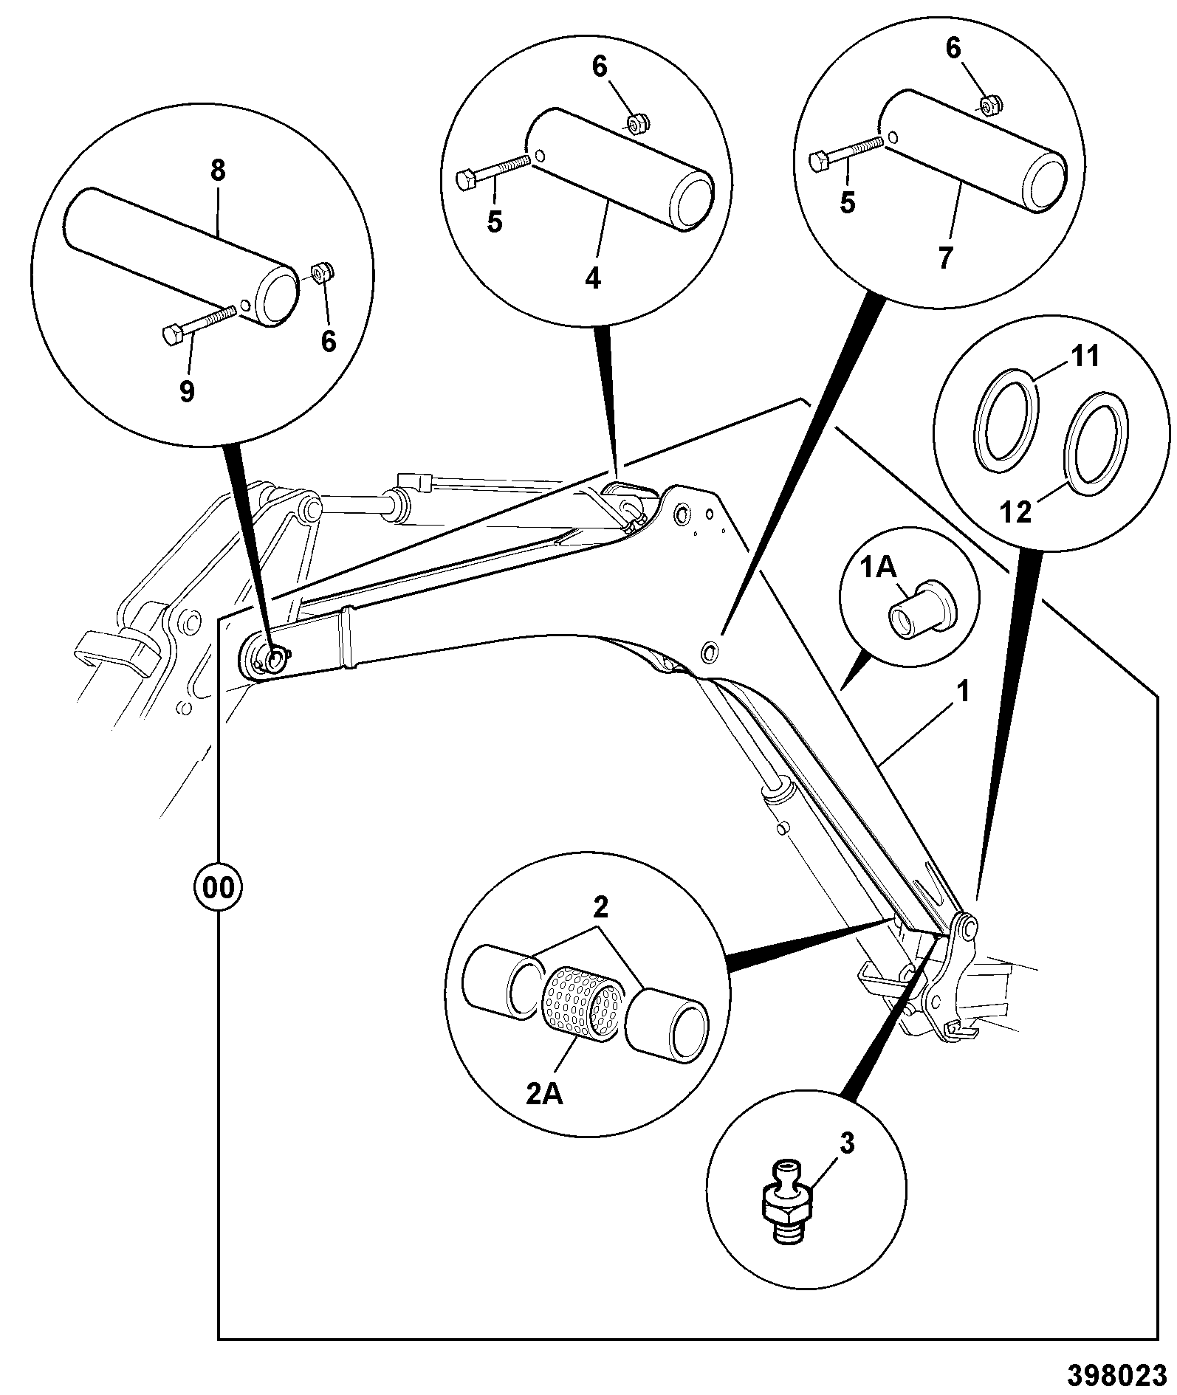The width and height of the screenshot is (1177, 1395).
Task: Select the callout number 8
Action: point(218,171)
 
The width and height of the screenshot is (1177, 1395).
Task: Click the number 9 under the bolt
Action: point(188,391)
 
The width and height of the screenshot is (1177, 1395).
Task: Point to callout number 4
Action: point(593,278)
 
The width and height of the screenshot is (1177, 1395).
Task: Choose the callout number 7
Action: point(945,258)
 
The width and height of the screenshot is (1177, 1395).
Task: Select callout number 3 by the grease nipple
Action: point(848,1144)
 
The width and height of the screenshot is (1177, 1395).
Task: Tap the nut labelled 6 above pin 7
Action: point(989,106)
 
